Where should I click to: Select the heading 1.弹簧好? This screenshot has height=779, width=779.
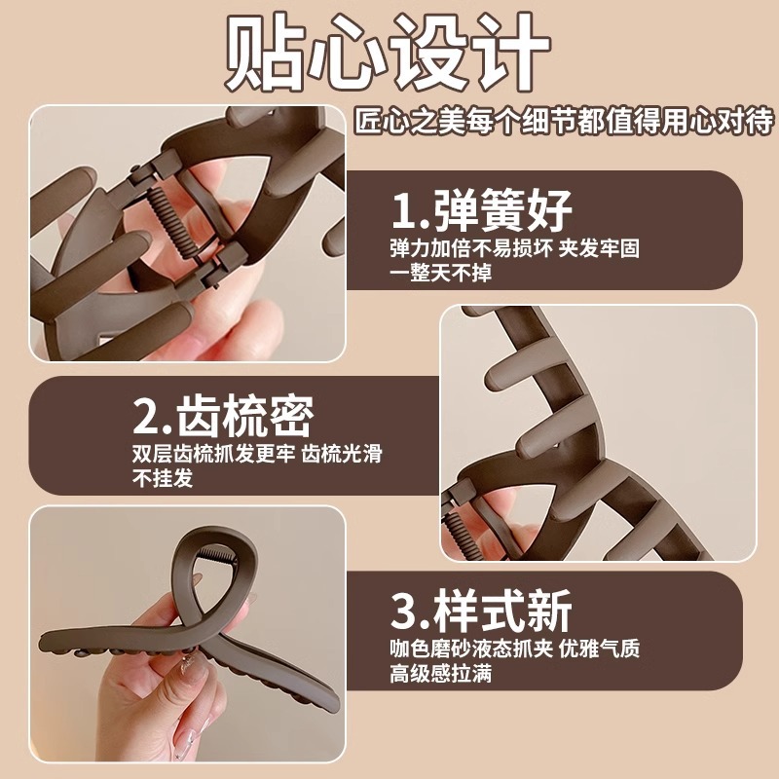tap(481, 210)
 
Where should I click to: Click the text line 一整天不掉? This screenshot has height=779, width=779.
tap(440, 273)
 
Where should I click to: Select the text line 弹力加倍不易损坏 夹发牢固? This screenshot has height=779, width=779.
tap(515, 249)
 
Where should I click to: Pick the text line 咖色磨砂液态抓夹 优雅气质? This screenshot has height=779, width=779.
tap(515, 649)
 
